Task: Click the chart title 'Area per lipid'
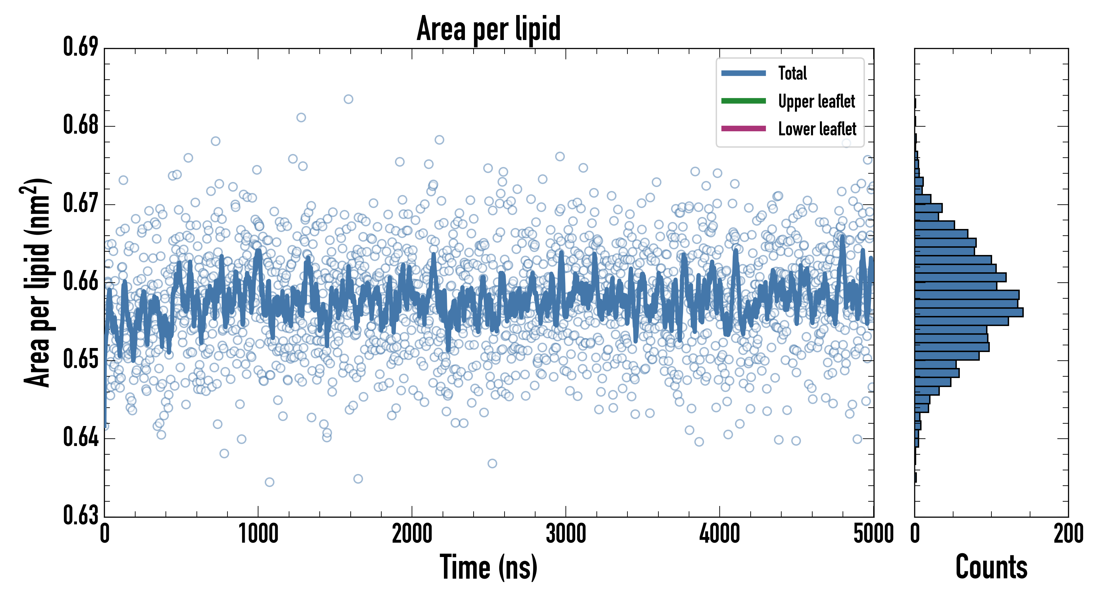(x=489, y=29)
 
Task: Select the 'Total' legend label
(x=792, y=73)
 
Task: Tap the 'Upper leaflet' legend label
(x=817, y=101)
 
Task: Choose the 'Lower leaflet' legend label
(x=817, y=129)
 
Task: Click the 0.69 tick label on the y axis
(x=81, y=47)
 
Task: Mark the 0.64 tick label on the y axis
(x=81, y=437)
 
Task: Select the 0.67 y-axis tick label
(x=81, y=203)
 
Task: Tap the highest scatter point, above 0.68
(x=348, y=99)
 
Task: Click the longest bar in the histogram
(x=968, y=312)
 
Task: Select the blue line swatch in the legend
(x=743, y=73)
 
